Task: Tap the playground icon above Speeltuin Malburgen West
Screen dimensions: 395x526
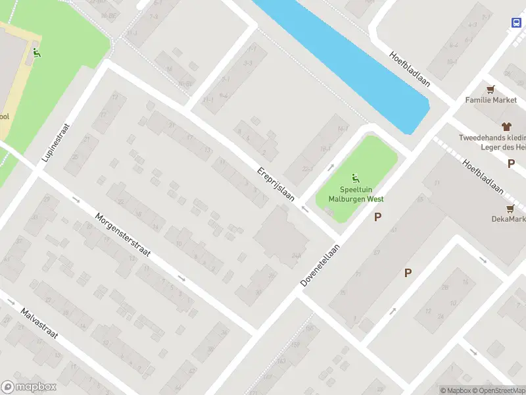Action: click(356, 177)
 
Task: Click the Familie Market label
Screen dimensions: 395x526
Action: click(491, 100)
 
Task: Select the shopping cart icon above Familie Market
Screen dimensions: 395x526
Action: click(490, 89)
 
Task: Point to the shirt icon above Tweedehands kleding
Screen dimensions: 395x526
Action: click(506, 126)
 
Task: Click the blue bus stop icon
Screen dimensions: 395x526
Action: click(515, 22)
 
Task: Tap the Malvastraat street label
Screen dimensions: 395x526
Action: click(39, 327)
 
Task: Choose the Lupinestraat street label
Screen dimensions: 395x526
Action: click(57, 142)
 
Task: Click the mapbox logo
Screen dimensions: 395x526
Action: click(29, 386)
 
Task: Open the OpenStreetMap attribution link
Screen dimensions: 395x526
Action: click(497, 390)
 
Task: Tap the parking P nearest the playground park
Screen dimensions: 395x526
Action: click(378, 217)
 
